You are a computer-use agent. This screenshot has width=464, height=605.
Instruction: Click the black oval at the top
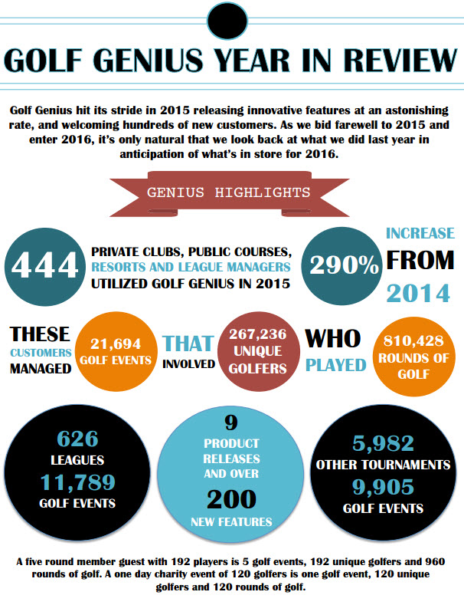point(230,22)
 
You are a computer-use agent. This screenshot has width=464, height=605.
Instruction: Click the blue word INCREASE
point(420,232)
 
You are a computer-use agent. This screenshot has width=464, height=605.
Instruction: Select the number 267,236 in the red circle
point(257,337)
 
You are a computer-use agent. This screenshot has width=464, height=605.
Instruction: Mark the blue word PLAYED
point(336,365)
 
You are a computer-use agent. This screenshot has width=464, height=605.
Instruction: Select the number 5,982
point(383,443)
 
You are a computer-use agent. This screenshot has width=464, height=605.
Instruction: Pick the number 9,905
point(383,487)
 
